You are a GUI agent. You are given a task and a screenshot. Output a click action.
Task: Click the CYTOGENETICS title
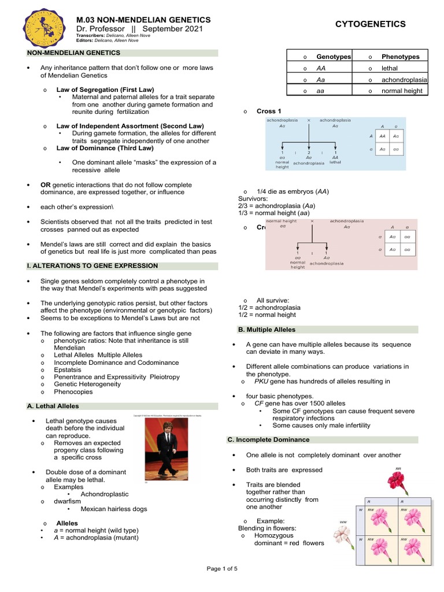[371, 24]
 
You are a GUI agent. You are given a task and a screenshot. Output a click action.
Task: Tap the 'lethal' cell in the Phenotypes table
[390, 68]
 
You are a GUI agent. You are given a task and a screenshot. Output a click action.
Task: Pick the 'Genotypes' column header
[334, 57]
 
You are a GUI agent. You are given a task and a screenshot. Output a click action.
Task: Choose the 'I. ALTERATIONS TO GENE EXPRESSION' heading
[92, 266]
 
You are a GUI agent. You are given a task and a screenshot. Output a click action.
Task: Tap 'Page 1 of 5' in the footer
[222, 569]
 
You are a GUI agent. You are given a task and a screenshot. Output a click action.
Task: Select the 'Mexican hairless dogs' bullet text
[114, 509]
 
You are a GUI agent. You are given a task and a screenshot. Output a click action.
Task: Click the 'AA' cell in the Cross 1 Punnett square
[382, 136]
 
